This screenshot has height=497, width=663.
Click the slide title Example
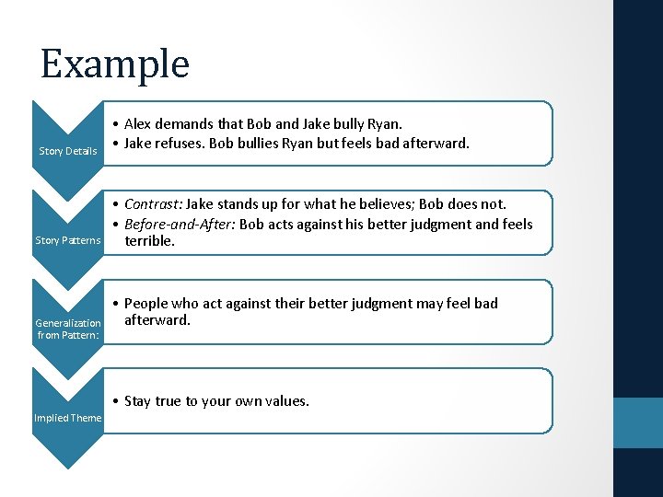point(115,64)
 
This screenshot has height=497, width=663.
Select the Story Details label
point(67,151)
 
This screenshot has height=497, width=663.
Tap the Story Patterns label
point(68,240)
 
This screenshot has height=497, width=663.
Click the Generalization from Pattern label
point(68,329)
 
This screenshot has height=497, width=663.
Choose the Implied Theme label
point(68,418)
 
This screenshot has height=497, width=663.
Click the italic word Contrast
point(153,204)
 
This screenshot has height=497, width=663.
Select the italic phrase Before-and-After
point(180,224)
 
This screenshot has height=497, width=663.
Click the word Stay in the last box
point(139,400)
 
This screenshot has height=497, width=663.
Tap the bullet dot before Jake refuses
point(110,143)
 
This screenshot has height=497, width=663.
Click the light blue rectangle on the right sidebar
point(638,422)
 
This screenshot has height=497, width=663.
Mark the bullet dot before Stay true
point(110,400)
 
